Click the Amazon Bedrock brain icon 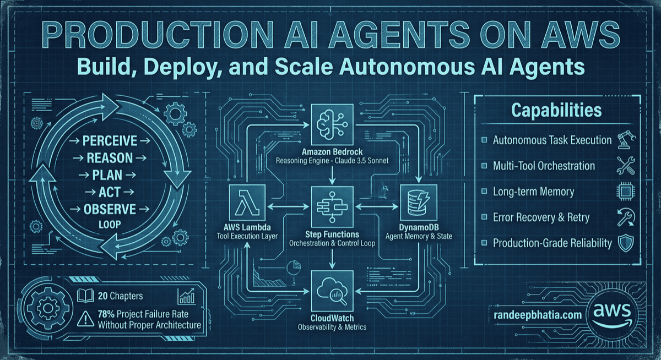coord(331,125)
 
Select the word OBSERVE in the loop coord(110,209)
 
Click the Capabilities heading coord(556,111)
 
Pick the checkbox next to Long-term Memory coord(484,192)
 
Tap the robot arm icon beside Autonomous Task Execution coord(626,140)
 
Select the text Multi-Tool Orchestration coord(544,166)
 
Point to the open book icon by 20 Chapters coord(85,296)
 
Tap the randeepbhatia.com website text coord(534,315)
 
